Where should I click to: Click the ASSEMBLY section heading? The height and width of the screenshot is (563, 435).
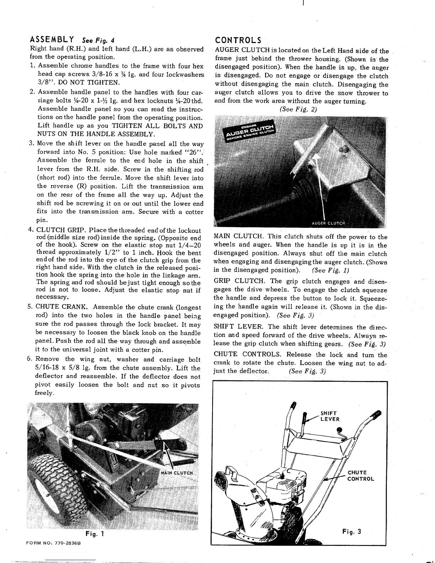click(x=52, y=39)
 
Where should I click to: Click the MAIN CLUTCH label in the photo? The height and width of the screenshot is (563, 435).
click(x=177, y=473)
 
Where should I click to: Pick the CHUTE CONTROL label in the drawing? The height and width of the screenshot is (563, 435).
click(x=360, y=476)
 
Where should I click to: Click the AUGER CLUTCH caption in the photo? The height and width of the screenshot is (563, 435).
click(x=328, y=223)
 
